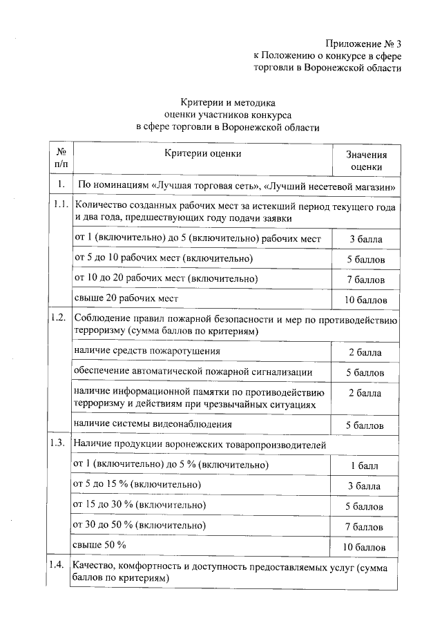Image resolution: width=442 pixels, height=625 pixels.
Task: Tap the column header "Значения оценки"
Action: pyautogui.click(x=365, y=161)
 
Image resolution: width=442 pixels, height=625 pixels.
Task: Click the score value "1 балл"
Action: pyautogui.click(x=365, y=466)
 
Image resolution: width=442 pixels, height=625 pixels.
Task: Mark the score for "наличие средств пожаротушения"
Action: pyautogui.click(x=365, y=353)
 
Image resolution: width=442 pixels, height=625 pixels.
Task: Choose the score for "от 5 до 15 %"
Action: pyautogui.click(x=365, y=486)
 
